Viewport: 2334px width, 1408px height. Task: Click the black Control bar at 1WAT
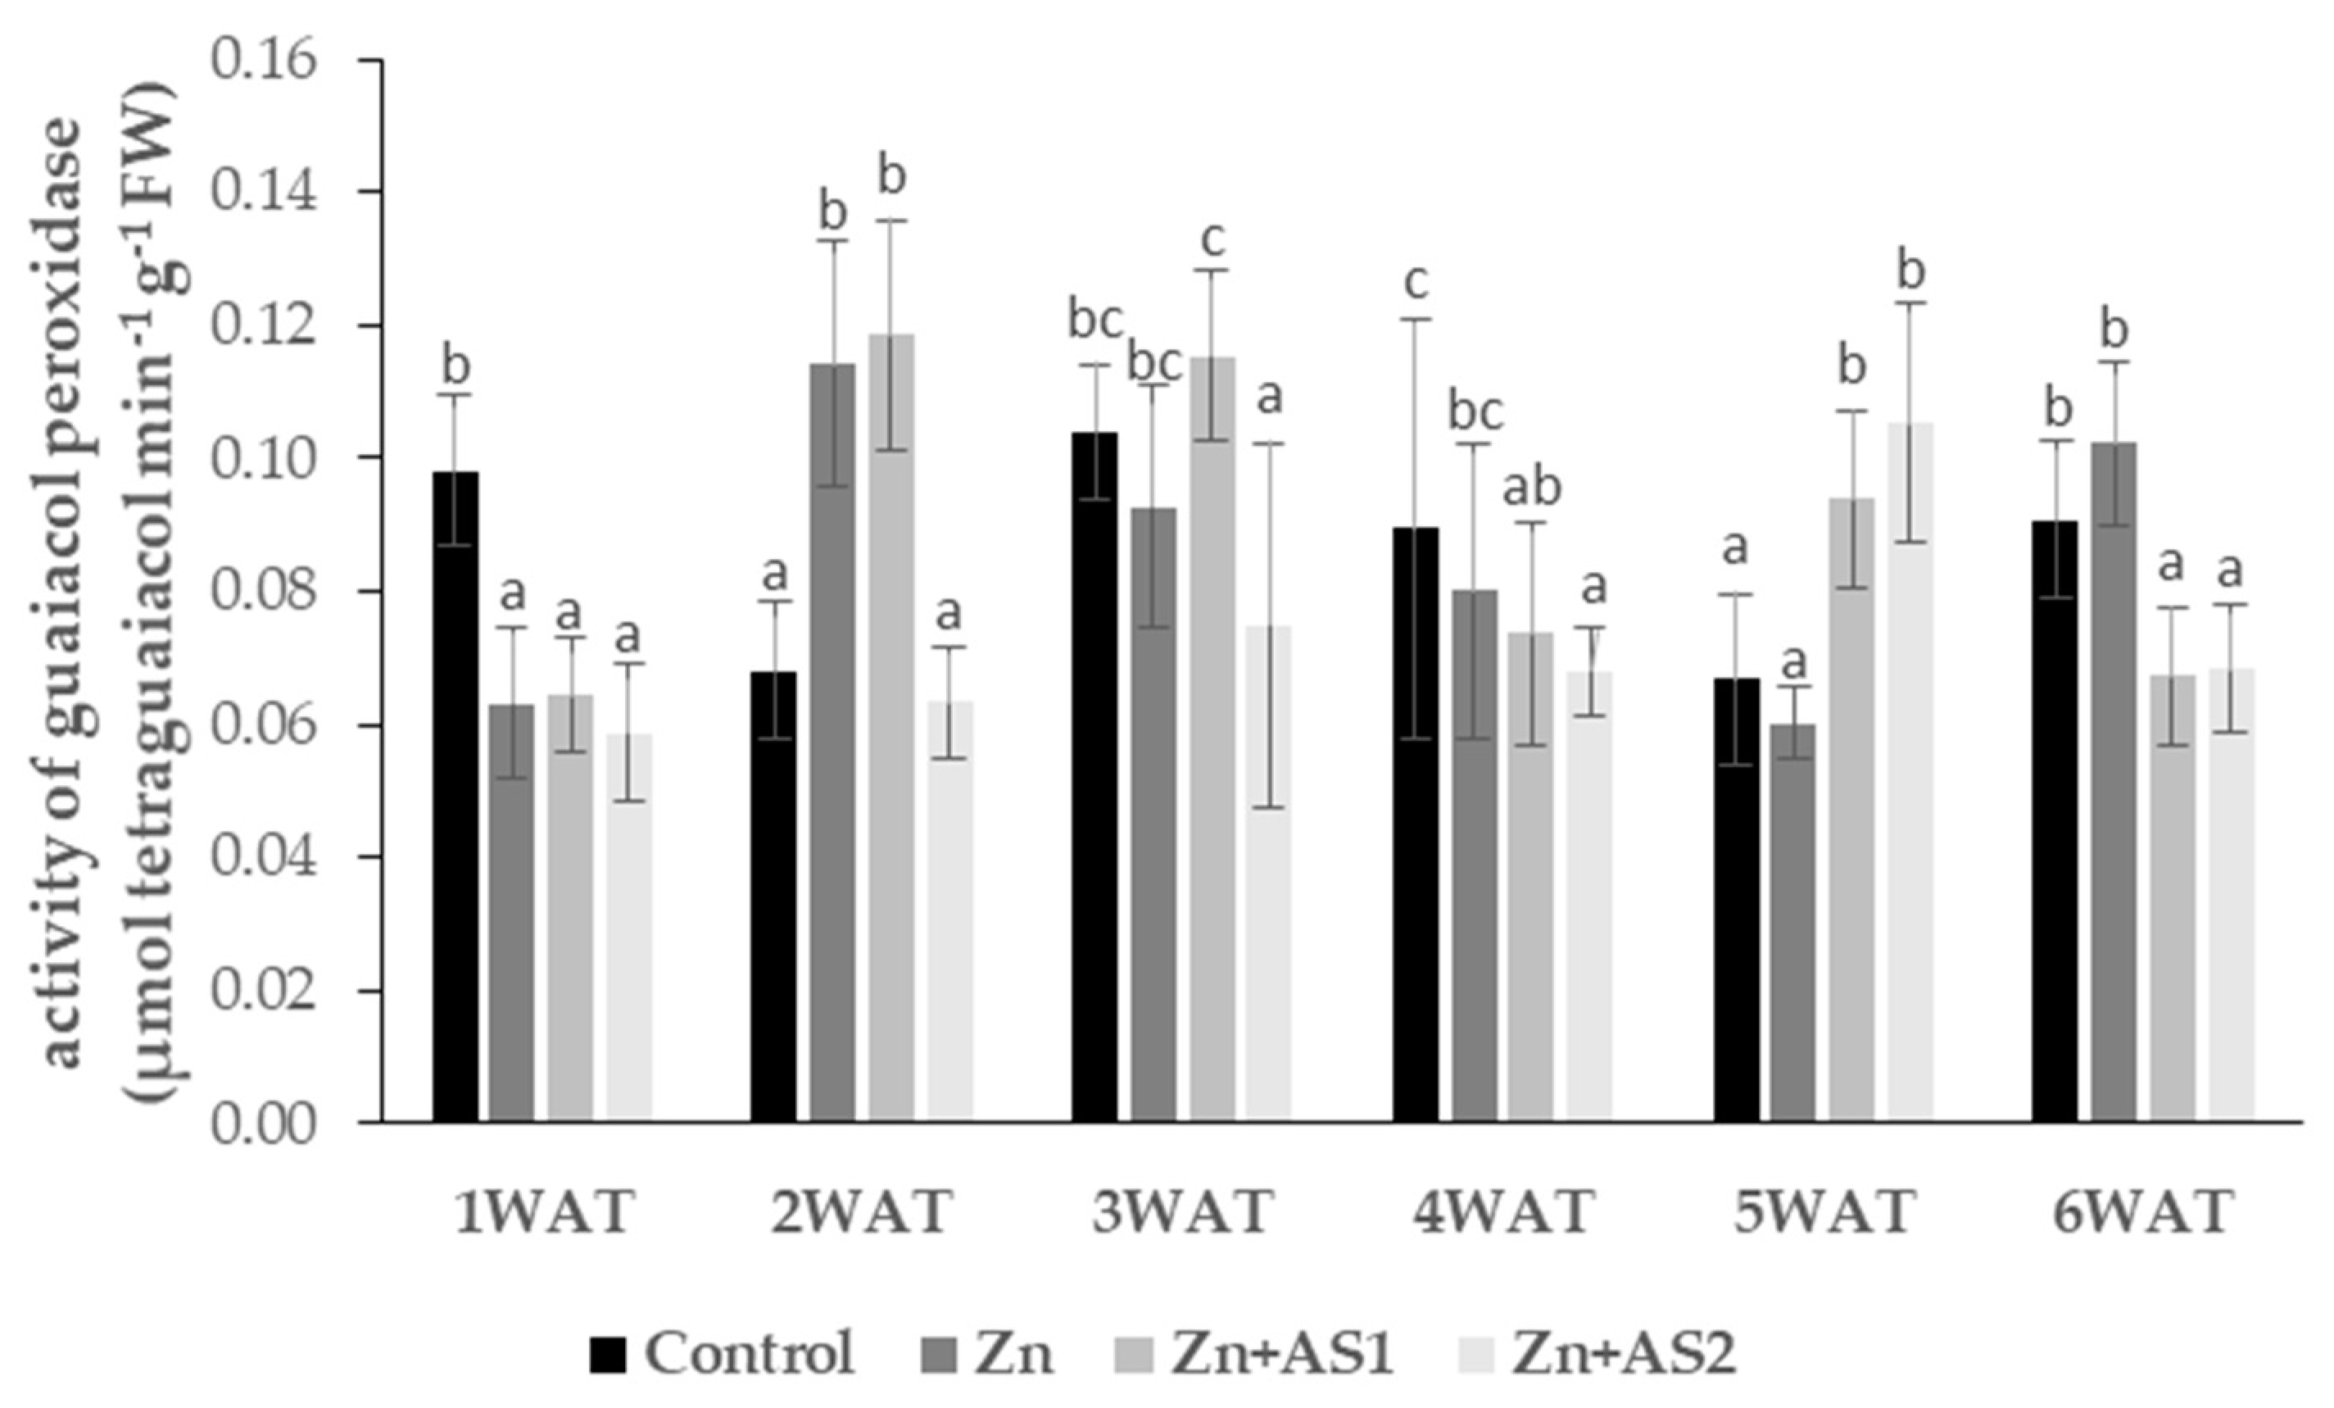pos(455,796)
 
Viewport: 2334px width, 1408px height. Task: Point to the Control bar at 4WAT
pos(1415,824)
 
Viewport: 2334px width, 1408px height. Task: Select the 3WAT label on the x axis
pos(1181,1212)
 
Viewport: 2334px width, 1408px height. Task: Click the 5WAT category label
pos(1824,1212)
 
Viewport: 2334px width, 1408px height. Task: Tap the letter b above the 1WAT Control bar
pos(455,365)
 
